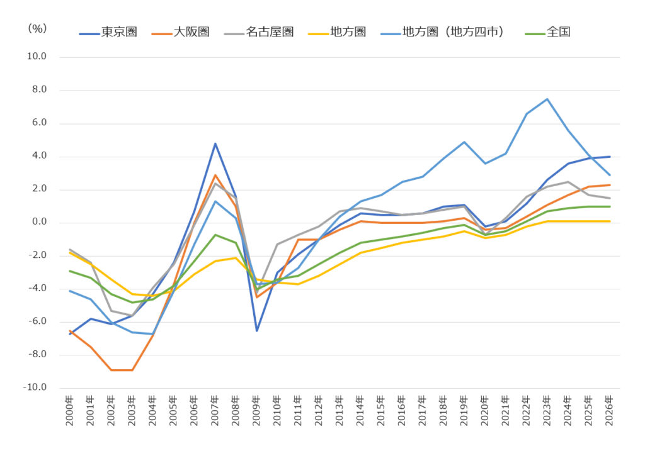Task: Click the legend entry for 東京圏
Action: (108, 32)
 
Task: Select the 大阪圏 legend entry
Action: (181, 32)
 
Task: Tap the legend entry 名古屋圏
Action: (259, 32)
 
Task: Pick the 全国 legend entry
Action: (548, 32)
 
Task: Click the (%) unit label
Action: (37, 28)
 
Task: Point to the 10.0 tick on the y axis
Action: (37, 56)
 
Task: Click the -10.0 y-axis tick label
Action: (35, 387)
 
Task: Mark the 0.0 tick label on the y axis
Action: (39, 222)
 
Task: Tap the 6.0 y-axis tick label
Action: (39, 123)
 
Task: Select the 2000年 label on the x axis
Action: (69, 411)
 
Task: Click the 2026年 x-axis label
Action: (610, 411)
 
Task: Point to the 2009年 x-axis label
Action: (257, 411)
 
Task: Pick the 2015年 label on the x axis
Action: (381, 411)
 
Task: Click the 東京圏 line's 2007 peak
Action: (215, 144)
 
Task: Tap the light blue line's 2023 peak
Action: (547, 99)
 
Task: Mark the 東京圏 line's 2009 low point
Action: (257, 331)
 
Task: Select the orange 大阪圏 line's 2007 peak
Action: (215, 175)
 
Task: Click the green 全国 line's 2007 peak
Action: (215, 235)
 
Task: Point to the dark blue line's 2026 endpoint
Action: (610, 157)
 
